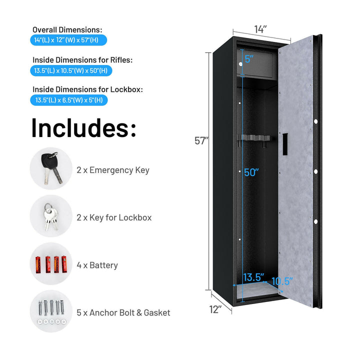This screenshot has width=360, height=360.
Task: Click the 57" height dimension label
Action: click(201, 141)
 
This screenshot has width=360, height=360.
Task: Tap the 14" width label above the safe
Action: click(260, 29)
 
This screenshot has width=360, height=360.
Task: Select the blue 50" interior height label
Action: click(251, 172)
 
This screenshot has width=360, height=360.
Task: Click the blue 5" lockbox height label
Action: click(249, 59)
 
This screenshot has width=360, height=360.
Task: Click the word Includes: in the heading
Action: click(84, 127)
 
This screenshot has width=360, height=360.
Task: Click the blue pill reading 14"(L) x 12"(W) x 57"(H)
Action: click(68, 40)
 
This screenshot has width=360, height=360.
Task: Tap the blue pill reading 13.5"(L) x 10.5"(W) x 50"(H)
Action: click(71, 70)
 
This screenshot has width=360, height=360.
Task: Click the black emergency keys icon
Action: click(51, 167)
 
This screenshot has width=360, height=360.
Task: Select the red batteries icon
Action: click(50, 264)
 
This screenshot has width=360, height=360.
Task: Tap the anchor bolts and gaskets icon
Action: click(51, 311)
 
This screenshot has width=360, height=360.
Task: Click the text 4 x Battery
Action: click(97, 265)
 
